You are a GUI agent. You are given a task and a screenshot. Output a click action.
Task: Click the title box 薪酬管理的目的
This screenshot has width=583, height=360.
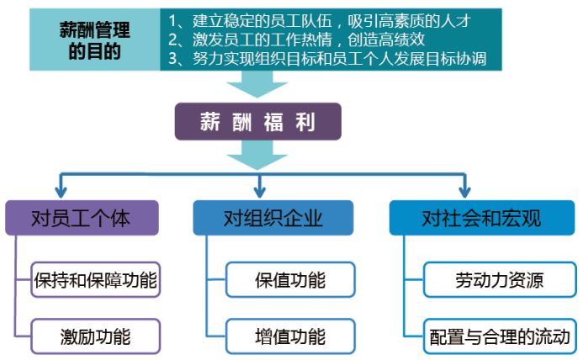tap(95, 40)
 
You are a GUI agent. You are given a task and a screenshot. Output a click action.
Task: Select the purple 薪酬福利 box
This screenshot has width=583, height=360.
tap(258, 122)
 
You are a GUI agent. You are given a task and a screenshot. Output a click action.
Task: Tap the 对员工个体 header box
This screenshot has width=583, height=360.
tap(82, 218)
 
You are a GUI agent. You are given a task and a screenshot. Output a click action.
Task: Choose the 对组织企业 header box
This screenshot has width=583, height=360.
tap(273, 218)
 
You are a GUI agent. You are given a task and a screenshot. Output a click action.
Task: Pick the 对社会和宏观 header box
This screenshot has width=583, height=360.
tap(482, 218)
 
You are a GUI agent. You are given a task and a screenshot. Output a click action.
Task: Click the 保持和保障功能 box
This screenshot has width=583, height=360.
tap(96, 279)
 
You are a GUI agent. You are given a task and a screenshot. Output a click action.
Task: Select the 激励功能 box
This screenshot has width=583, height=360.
tap(96, 336)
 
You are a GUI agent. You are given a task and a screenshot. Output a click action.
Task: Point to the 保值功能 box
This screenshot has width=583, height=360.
tap(290, 279)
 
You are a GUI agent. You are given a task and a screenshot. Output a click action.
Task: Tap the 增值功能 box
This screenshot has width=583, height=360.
tap(290, 336)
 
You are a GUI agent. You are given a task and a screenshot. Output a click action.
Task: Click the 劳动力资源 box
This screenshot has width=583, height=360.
tap(500, 279)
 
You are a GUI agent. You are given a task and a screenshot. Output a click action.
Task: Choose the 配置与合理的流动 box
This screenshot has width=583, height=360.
tap(500, 336)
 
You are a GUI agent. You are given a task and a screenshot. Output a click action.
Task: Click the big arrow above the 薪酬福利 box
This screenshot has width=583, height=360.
tap(257, 84)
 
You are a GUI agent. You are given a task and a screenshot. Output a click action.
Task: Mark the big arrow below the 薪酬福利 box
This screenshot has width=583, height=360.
tap(257, 156)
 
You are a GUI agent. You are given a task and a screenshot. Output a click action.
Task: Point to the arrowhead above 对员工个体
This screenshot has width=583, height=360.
tap(61, 193)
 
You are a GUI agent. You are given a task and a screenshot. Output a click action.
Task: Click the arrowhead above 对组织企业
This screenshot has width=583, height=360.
tap(259, 193)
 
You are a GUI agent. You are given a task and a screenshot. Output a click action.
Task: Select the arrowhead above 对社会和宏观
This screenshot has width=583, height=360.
tap(464, 193)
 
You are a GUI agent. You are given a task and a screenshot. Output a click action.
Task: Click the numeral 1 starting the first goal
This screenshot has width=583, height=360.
tap(172, 21)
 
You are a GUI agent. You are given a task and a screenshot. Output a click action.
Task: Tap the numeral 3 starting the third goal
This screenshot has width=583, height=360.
tap(172, 59)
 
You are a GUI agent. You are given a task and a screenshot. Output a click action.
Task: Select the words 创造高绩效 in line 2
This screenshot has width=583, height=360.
tap(386, 40)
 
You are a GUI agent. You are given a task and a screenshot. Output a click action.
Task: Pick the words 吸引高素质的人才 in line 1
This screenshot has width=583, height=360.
tap(409, 21)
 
